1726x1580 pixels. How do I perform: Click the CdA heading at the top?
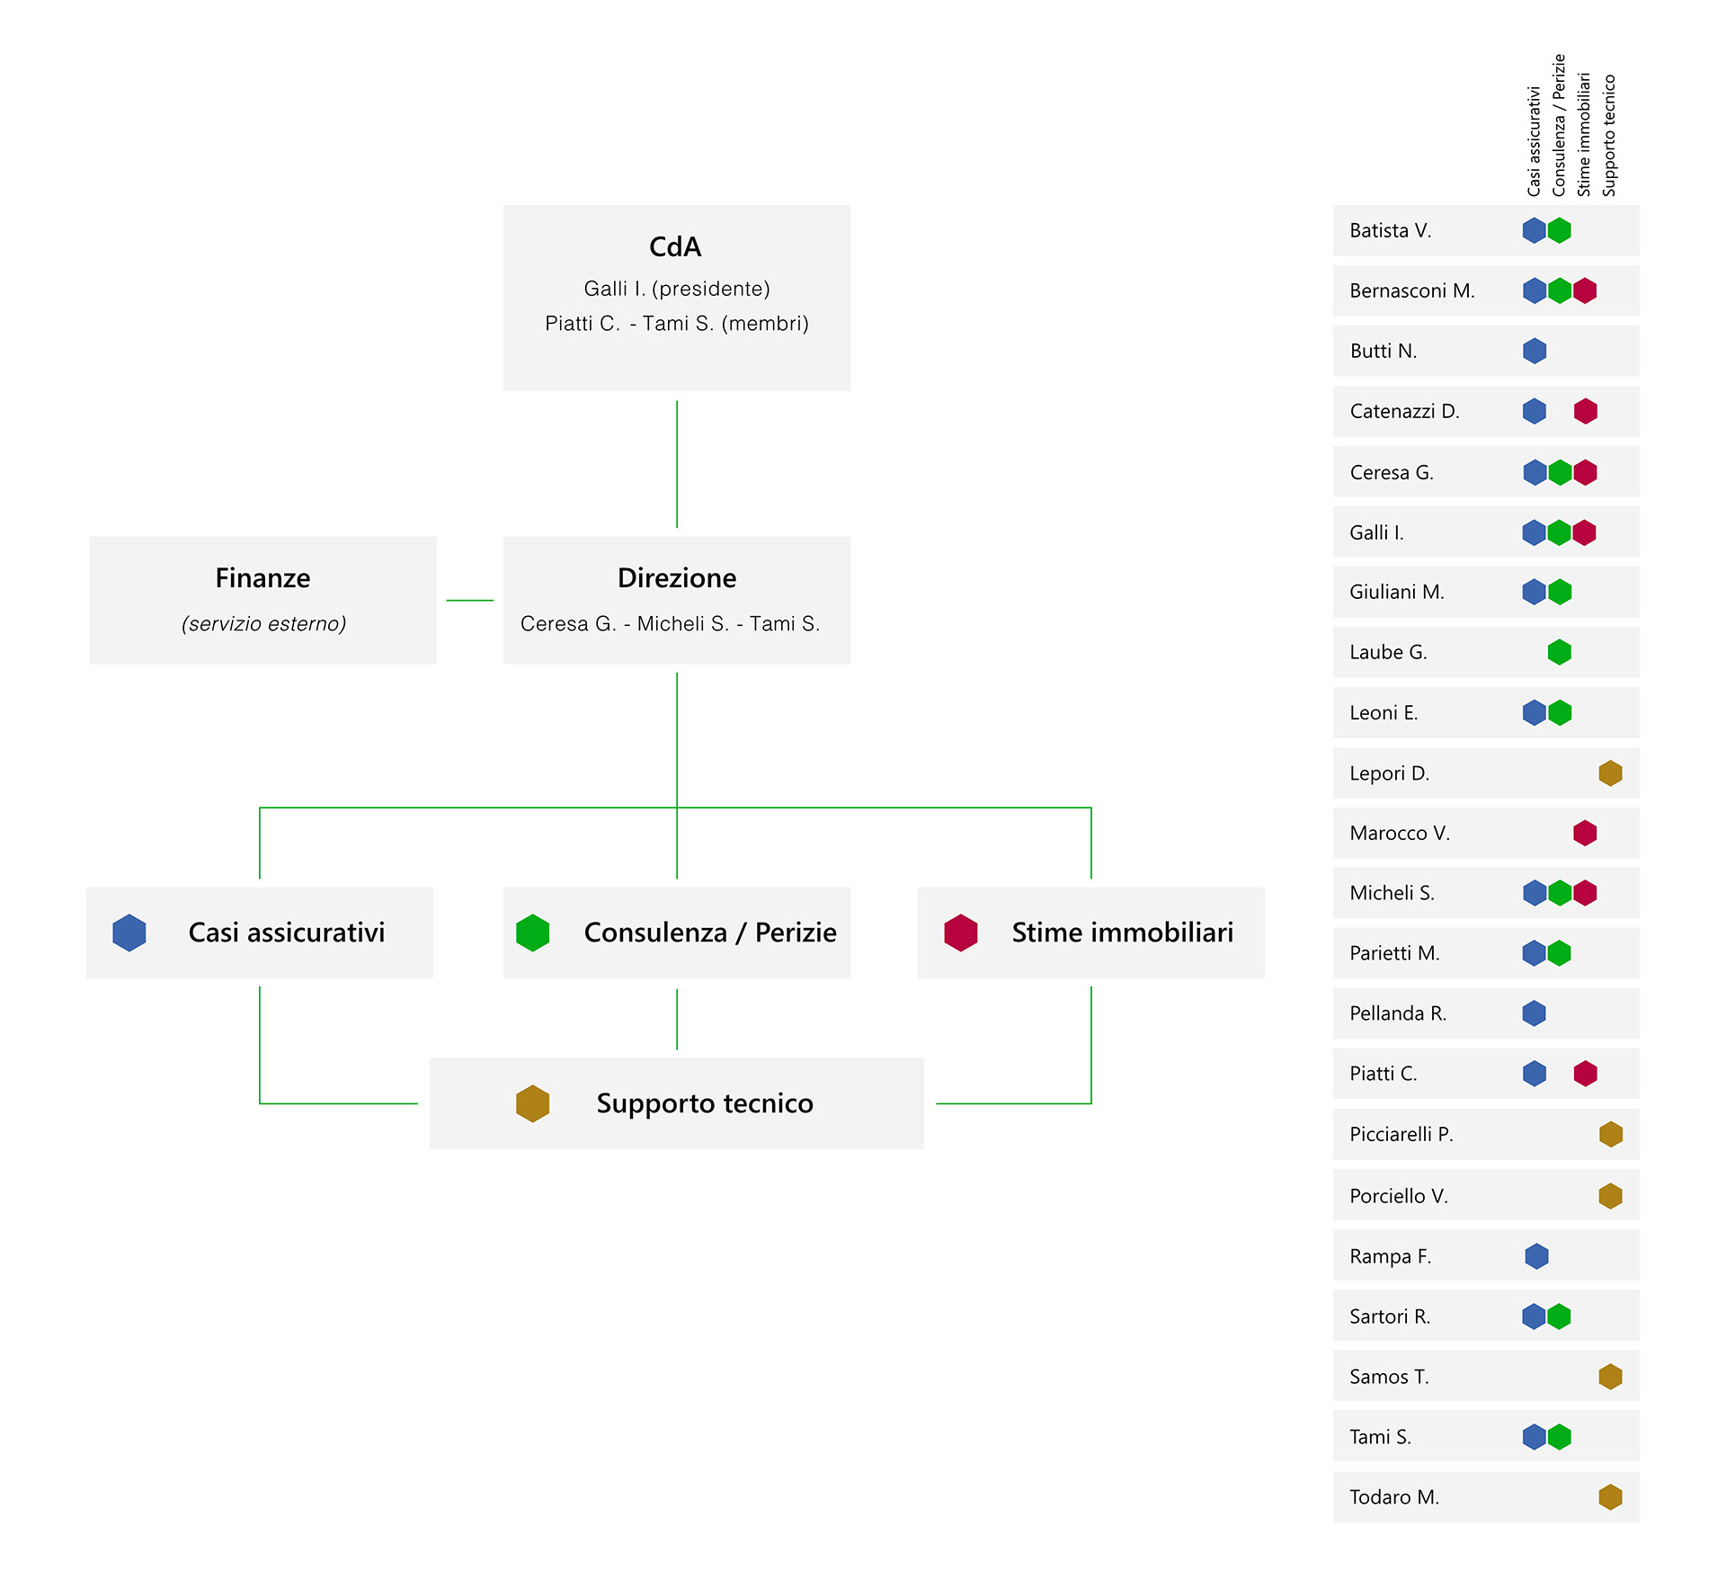pyautogui.click(x=675, y=246)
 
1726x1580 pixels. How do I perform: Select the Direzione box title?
pyautogui.click(x=677, y=577)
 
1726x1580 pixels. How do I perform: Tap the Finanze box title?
pyautogui.click(x=262, y=577)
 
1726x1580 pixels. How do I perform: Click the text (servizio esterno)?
pyautogui.click(x=263, y=623)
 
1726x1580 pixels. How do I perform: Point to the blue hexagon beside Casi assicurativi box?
pyautogui.click(x=129, y=933)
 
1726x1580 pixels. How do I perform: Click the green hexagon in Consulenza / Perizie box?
pyautogui.click(x=532, y=933)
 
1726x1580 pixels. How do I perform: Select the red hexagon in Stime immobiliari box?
pyautogui.click(x=961, y=933)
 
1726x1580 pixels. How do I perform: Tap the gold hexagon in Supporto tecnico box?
pyautogui.click(x=532, y=1103)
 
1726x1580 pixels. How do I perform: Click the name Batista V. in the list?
pyautogui.click(x=1390, y=230)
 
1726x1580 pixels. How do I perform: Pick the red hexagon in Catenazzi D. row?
pyautogui.click(x=1586, y=411)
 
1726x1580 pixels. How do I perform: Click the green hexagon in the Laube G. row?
pyautogui.click(x=1560, y=652)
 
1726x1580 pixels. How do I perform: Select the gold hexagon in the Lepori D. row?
pyautogui.click(x=1611, y=772)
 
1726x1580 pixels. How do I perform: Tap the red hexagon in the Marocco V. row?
pyautogui.click(x=1585, y=833)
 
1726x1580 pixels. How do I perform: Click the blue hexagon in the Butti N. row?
pyautogui.click(x=1535, y=351)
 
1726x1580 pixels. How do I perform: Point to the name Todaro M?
pyautogui.click(x=1394, y=1497)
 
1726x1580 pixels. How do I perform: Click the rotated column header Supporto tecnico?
pyautogui.click(x=1609, y=135)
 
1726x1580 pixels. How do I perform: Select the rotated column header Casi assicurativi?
pyautogui.click(x=1534, y=141)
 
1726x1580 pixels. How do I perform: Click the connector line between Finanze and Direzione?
pyautogui.click(x=469, y=600)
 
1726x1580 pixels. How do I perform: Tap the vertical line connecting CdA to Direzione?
pyautogui.click(x=677, y=464)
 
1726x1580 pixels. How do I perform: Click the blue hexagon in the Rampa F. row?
pyautogui.click(x=1536, y=1256)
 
